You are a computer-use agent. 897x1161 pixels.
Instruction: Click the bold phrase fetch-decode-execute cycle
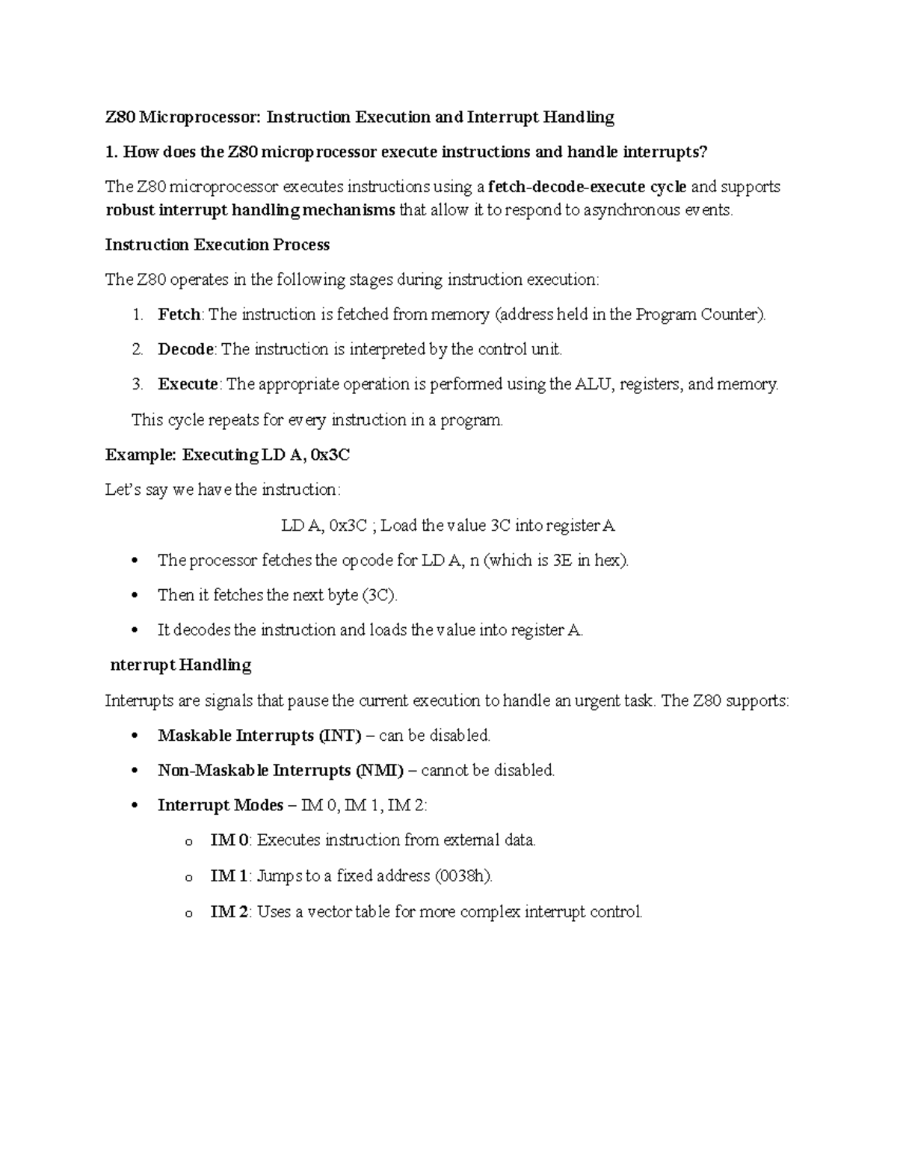point(587,187)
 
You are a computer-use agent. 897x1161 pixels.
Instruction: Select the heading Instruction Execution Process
point(218,245)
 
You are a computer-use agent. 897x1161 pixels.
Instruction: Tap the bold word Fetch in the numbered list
point(179,315)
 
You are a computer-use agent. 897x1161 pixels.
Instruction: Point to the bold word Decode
point(186,349)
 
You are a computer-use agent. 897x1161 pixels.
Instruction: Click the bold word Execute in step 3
point(188,384)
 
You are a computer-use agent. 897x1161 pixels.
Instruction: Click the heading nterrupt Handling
point(181,665)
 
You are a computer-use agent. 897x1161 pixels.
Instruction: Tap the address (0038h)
point(463,875)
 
